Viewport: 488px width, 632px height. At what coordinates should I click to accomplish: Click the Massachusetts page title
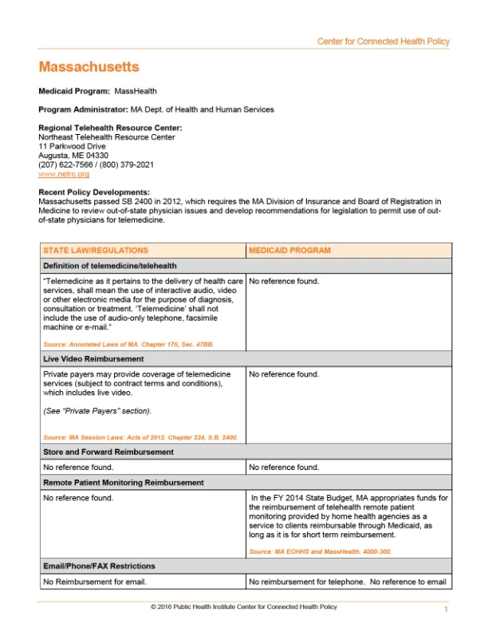tap(89, 67)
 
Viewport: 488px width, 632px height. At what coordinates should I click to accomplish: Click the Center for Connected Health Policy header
tap(383, 41)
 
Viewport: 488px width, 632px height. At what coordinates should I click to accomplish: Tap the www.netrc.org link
tap(64, 173)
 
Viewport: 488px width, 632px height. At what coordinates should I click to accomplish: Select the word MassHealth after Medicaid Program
tap(136, 92)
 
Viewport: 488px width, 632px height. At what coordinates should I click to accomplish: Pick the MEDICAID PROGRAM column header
tap(289, 251)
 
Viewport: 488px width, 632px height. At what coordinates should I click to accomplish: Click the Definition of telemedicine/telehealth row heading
tap(110, 266)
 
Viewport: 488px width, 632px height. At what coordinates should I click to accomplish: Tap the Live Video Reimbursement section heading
tap(93, 359)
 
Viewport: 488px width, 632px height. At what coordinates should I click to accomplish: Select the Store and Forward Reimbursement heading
tap(108, 452)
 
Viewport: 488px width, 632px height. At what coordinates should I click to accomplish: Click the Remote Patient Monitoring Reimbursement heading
tap(124, 483)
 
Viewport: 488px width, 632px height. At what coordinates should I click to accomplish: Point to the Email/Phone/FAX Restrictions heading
tap(99, 566)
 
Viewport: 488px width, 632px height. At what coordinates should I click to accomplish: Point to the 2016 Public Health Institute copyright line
tap(243, 607)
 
